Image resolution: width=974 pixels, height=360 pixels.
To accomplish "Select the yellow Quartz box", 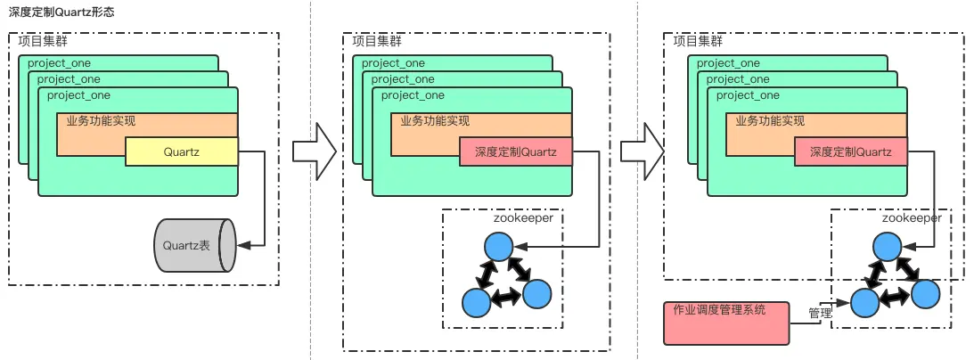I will tap(182, 152).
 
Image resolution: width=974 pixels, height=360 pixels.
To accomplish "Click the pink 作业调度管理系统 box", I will tap(726, 323).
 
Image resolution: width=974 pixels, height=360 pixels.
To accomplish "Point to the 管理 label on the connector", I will tap(820, 314).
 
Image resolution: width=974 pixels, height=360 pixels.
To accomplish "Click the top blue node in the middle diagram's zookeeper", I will tap(498, 246).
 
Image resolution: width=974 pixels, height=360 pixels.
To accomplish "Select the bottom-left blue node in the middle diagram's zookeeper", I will tap(476, 303).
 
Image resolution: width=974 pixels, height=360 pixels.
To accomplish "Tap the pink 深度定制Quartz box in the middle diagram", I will tap(516, 152).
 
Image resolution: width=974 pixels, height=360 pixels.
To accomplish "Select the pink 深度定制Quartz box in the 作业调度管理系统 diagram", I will tap(850, 152).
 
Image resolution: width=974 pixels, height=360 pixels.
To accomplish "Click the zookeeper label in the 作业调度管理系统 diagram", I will tap(912, 217).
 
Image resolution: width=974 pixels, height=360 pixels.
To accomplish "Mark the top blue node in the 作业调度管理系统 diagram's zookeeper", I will tap(886, 246).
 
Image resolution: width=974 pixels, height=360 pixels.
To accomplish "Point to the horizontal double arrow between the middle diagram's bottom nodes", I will tap(507, 299).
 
